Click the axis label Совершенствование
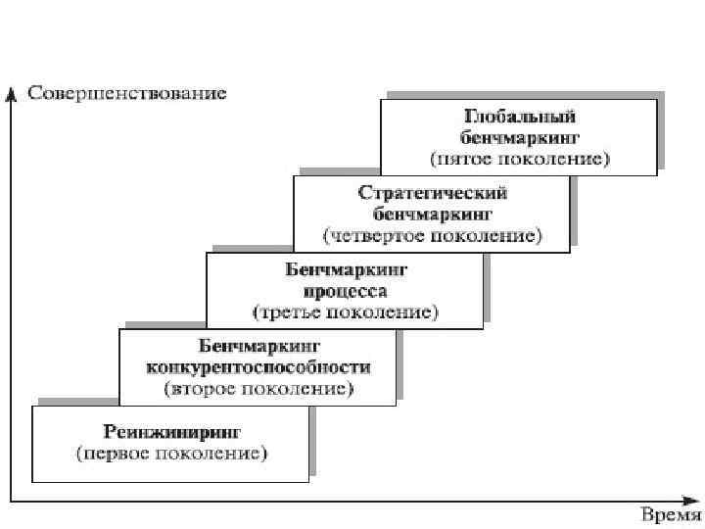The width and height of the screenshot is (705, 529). tap(126, 94)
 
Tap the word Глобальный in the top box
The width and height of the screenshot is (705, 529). tap(520, 117)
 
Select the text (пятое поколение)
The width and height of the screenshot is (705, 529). tap(520, 158)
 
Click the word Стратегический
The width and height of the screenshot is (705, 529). tap(432, 193)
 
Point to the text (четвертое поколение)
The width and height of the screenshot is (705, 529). tap(432, 235)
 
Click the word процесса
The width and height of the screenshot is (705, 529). tap(346, 291)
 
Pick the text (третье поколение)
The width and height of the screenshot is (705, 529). tap(346, 313)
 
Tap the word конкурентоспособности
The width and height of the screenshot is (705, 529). tap(258, 367)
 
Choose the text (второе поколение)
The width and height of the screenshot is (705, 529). tap(258, 389)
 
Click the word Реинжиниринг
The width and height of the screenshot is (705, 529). tap(172, 432)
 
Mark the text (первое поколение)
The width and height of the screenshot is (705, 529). tap(172, 454)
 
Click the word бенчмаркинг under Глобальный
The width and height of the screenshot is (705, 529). tap(520, 136)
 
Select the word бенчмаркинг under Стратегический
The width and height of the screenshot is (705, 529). tap(432, 214)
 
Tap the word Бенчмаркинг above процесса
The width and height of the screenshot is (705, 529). tap(346, 269)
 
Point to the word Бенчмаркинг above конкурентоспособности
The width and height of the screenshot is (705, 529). tap(258, 347)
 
